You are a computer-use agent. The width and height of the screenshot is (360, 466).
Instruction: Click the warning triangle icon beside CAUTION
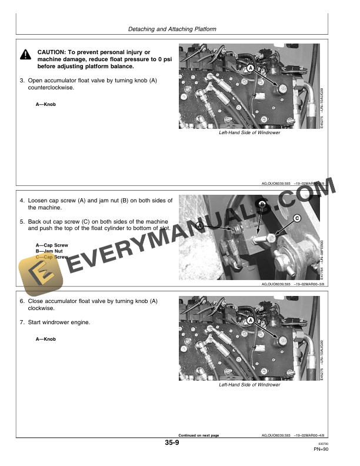(x=26, y=55)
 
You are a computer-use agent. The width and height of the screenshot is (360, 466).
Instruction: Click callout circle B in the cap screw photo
(x=261, y=204)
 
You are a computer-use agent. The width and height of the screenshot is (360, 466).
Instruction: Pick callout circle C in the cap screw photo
(x=296, y=218)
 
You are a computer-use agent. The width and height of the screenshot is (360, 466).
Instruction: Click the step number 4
(x=22, y=201)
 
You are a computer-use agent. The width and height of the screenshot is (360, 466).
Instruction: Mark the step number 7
(x=22, y=322)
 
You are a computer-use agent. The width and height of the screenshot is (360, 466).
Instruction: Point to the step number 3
(x=22, y=80)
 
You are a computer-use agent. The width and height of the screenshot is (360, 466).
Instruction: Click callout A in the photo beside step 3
(x=251, y=69)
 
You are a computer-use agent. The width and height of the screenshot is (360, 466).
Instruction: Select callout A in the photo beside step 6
(x=251, y=321)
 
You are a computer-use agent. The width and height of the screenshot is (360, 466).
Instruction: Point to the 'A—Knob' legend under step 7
(x=46, y=339)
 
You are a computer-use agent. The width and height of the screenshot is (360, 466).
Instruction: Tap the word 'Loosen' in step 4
(x=39, y=201)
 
